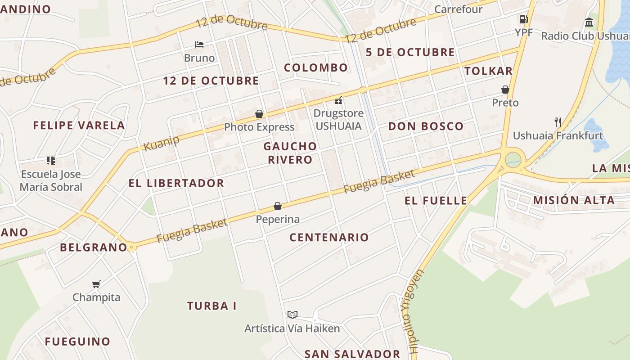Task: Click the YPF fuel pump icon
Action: click(x=523, y=19)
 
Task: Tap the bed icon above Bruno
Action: click(x=199, y=44)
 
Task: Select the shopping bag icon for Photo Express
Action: click(x=259, y=114)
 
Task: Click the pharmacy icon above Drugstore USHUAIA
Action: click(x=338, y=100)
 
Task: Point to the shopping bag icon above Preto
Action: click(x=505, y=90)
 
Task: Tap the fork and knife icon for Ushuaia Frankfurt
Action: click(x=558, y=122)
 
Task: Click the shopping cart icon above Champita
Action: click(x=96, y=284)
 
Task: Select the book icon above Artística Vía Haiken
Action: click(x=292, y=315)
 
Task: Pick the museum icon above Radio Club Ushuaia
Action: click(x=589, y=22)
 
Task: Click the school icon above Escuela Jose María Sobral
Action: click(x=51, y=161)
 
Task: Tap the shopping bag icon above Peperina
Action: click(x=278, y=206)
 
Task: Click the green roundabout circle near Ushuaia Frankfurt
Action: click(x=513, y=160)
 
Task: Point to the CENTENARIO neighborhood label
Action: click(x=329, y=237)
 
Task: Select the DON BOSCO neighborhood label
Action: click(x=426, y=126)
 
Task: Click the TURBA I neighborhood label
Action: click(x=211, y=306)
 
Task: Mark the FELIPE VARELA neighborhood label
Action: click(x=79, y=125)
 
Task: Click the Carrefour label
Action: click(x=458, y=9)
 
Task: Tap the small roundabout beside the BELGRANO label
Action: click(x=131, y=247)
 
